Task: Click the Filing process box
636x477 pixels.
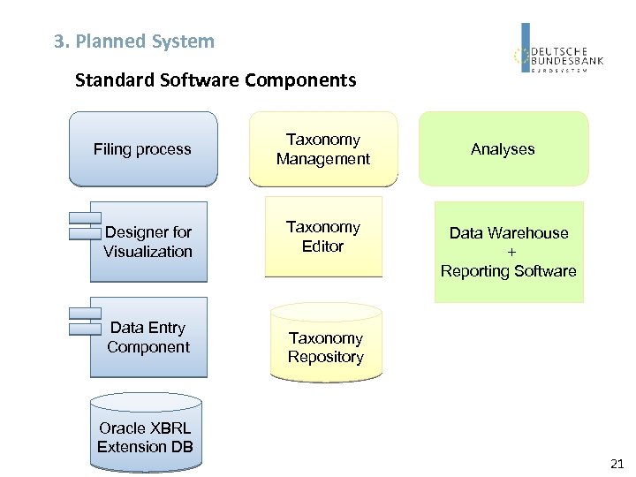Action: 142,149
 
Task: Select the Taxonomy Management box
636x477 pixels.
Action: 323,149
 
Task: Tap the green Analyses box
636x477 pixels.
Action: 503,149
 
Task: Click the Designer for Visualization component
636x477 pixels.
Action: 148,242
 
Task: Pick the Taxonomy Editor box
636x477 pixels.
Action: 323,237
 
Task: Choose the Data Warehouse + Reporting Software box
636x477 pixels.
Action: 509,252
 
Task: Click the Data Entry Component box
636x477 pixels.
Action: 148,337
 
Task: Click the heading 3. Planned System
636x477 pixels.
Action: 134,42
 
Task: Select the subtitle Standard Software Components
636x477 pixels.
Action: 216,81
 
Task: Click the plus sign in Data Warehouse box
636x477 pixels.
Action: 508,252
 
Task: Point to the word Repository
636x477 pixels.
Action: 325,357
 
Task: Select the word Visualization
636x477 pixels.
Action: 148,252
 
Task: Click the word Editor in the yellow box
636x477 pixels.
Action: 322,246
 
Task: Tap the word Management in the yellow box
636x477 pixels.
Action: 323,159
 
